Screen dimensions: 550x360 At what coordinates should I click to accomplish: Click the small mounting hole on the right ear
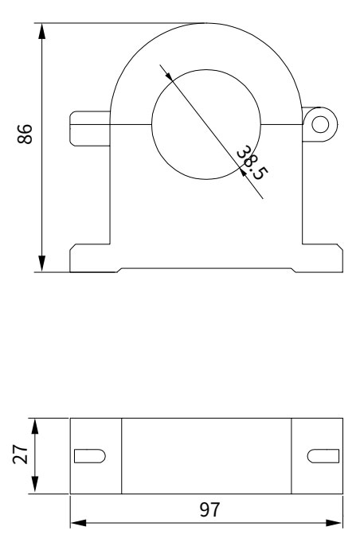click(320, 123)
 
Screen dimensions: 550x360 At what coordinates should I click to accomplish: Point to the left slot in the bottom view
click(88, 456)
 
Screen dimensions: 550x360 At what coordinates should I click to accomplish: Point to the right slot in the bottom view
click(322, 456)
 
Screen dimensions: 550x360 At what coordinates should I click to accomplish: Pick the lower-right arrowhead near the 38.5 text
click(242, 170)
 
